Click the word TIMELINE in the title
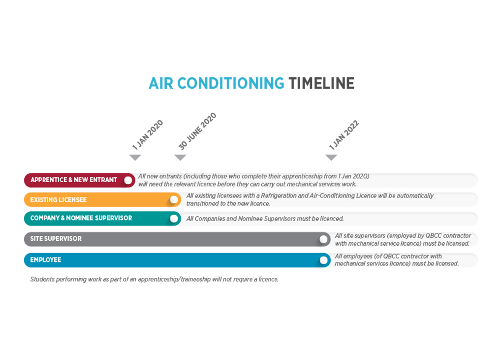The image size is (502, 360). tap(321, 83)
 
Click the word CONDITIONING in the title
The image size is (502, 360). tap(230, 83)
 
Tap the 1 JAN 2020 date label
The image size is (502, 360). tap(148, 135)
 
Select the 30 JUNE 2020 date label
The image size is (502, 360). tap(197, 131)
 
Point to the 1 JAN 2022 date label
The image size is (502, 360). tap(344, 135)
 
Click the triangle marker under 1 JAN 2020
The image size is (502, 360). tap(135, 157)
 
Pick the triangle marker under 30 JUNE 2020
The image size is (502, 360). tap(180, 157)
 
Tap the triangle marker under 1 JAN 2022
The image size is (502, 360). tap(331, 157)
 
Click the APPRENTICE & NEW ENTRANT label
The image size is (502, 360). tap(74, 180)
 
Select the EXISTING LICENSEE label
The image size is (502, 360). tap(58, 200)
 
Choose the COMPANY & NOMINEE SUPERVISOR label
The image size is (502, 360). tap(81, 218)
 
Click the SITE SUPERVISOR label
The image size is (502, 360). tap(56, 239)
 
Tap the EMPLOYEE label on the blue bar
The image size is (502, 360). tap(45, 260)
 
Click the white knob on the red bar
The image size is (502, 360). tap(128, 180)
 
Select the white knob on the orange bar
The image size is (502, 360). tap(174, 200)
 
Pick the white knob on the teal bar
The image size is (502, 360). tap(174, 219)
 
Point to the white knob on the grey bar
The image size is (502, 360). tap(323, 239)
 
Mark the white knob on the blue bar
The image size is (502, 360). tap(323, 261)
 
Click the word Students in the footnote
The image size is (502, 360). tap(42, 279)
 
